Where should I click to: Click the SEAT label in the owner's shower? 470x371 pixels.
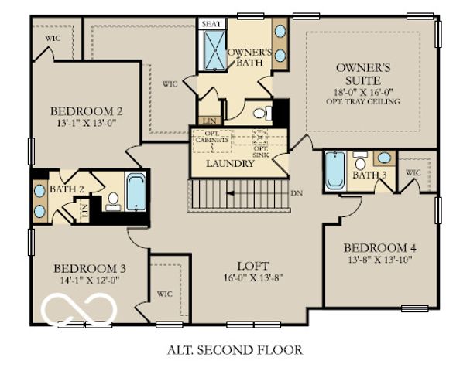click(211, 24)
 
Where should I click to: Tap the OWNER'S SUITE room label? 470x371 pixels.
click(368, 73)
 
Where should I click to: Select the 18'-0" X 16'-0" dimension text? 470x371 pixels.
click(368, 90)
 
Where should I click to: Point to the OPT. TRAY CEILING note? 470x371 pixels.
click(368, 101)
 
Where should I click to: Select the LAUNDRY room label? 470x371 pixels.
click(230, 164)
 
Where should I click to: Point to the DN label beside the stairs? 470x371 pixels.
click(297, 192)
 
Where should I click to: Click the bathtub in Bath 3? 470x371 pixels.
click(334, 170)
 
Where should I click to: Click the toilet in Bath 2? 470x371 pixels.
click(112, 201)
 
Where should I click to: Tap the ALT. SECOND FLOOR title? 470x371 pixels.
click(235, 349)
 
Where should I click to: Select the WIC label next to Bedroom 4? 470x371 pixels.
click(413, 172)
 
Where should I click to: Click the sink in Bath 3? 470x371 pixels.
click(383, 158)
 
